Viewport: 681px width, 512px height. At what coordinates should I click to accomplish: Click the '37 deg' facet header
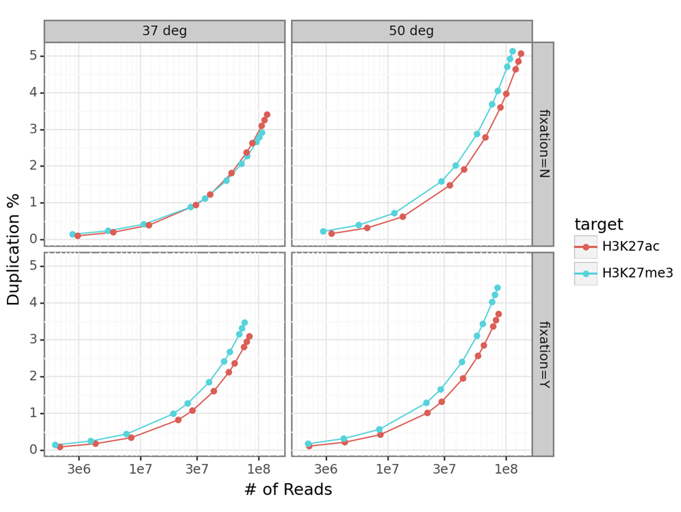164,31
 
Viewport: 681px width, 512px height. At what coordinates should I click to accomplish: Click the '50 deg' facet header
411,31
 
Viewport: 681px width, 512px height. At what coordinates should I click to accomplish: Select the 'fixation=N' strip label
543,144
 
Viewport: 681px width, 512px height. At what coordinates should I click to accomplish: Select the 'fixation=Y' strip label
543,354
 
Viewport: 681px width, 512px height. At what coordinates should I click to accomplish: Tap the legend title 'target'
599,224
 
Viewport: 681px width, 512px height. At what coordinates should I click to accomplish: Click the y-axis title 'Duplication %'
14,249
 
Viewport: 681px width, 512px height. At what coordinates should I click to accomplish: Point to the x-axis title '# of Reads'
287,489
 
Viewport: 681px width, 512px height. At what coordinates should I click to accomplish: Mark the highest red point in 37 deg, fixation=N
267,114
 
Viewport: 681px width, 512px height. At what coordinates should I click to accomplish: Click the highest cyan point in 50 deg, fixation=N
513,51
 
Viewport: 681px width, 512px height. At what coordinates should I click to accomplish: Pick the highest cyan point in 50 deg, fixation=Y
498,288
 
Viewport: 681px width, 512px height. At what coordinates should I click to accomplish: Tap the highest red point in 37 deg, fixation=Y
249,337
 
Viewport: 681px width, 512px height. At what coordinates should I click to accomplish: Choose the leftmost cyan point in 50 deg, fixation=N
323,232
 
